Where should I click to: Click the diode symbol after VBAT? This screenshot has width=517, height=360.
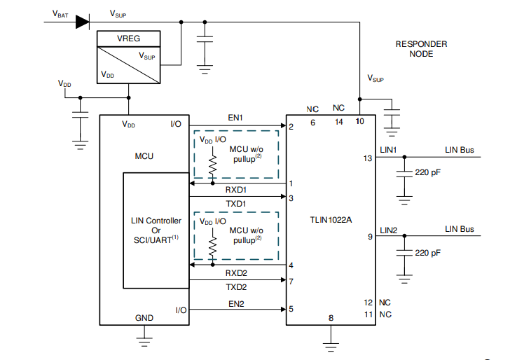[x=82, y=22]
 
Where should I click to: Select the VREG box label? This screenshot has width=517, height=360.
[x=128, y=39]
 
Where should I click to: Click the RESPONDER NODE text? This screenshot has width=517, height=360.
[x=421, y=49]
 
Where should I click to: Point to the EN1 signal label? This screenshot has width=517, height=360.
[x=235, y=118]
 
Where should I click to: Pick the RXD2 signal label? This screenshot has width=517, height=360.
[x=235, y=273]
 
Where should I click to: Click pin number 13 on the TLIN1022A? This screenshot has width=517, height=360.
[x=368, y=158]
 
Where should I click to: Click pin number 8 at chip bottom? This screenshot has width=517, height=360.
[x=330, y=318]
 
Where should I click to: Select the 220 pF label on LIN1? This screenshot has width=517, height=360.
[x=428, y=172]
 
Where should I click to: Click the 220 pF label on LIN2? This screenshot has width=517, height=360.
[x=428, y=252]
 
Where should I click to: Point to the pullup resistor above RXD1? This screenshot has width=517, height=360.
[x=212, y=164]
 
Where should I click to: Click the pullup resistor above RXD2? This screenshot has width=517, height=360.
[x=212, y=245]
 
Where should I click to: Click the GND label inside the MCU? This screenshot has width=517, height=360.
[x=144, y=318]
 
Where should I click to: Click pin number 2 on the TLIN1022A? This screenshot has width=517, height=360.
[x=291, y=127]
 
